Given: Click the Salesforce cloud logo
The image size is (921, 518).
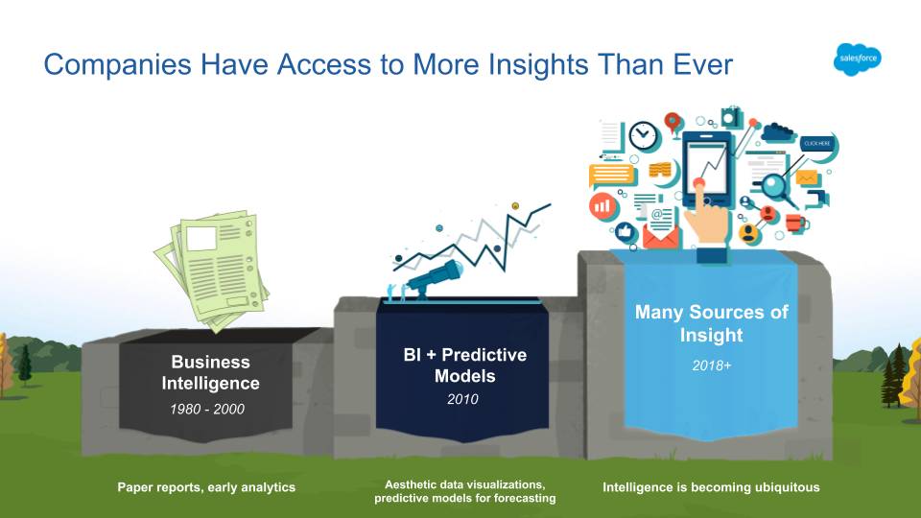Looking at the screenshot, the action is tap(858, 59).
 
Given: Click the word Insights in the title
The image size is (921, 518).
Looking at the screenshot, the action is tap(538, 64).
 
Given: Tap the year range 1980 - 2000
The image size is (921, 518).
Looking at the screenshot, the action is tap(207, 409).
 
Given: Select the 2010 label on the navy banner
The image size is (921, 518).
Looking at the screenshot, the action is tap(462, 399).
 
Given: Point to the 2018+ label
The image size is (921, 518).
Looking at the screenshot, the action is tap(711, 365).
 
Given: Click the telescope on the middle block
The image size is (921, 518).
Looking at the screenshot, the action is tap(435, 278).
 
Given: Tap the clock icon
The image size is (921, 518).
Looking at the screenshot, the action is tap(643, 136).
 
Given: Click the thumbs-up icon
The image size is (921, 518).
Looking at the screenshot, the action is tap(626, 231).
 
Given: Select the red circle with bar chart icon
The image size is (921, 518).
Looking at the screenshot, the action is tap(602, 206).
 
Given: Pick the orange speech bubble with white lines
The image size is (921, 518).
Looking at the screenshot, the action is tap(612, 175).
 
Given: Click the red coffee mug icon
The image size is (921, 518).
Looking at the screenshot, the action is tap(797, 223).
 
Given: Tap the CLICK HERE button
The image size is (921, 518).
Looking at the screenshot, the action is tap(817, 143).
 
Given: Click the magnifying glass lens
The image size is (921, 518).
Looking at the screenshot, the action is tap(773, 186).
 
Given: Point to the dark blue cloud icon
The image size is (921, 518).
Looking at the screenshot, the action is tap(779, 132).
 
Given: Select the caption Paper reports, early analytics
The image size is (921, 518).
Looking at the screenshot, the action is tap(206, 487).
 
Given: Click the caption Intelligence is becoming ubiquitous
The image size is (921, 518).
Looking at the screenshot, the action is tap(711, 487).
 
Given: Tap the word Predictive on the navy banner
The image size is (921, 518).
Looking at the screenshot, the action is tap(484, 355).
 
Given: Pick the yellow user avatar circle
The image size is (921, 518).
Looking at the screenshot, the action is tap(749, 233).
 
